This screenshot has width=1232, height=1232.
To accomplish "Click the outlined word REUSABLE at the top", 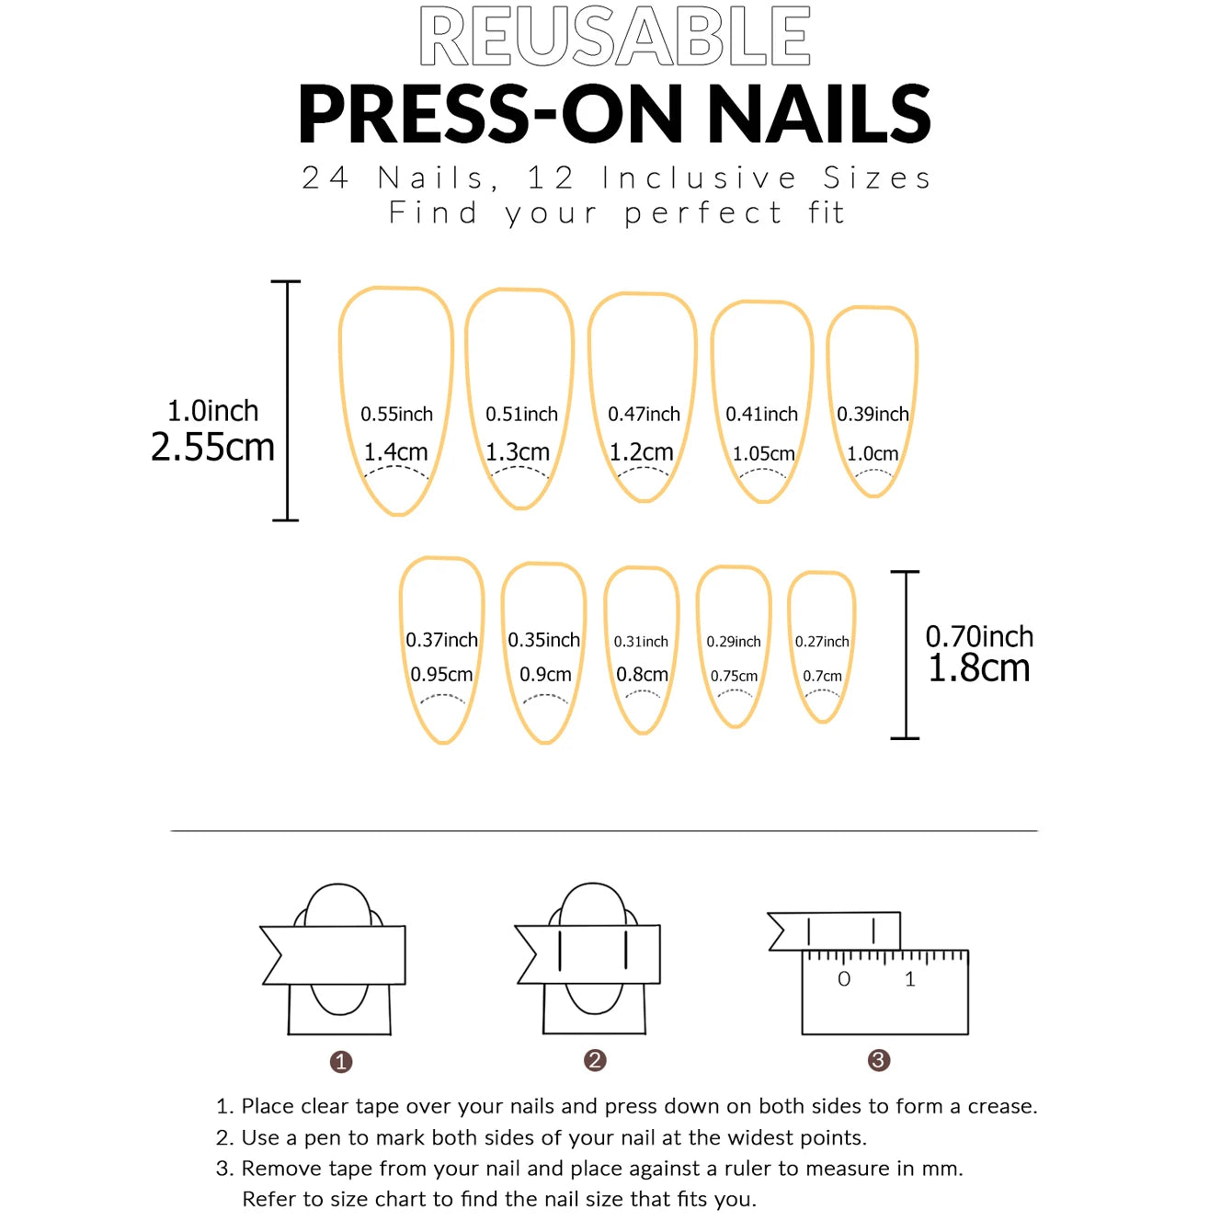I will pyautogui.click(x=614, y=37).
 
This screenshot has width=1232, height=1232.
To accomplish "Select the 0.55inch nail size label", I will pyautogui.click(x=396, y=415).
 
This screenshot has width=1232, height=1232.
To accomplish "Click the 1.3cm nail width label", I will pyautogui.click(x=518, y=452).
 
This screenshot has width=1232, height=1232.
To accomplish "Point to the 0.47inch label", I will pyautogui.click(x=644, y=415).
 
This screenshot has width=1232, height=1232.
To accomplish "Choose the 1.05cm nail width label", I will pyautogui.click(x=763, y=454).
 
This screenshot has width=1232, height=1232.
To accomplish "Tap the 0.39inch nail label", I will pyautogui.click(x=873, y=415).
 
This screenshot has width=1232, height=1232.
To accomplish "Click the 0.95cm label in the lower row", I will pyautogui.click(x=441, y=675).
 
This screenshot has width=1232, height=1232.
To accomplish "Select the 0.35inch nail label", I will pyautogui.click(x=543, y=640).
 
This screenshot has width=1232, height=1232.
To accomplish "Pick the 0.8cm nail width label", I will pyautogui.click(x=642, y=675).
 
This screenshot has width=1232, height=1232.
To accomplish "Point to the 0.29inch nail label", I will pyautogui.click(x=734, y=642).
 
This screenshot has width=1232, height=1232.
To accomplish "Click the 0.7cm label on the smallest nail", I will pyautogui.click(x=822, y=677).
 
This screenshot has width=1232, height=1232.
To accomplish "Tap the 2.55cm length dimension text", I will pyautogui.click(x=212, y=448).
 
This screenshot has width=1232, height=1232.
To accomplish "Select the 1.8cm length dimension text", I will pyautogui.click(x=978, y=668).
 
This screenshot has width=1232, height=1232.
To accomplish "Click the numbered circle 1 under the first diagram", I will pyautogui.click(x=341, y=1062).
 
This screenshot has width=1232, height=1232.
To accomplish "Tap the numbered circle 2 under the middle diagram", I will pyautogui.click(x=595, y=1060).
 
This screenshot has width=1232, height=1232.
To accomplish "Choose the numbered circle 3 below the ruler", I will pyautogui.click(x=878, y=1060).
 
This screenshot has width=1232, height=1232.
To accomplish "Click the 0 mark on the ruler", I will pyautogui.click(x=844, y=980).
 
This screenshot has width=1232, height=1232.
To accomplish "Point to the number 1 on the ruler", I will pyautogui.click(x=910, y=980).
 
